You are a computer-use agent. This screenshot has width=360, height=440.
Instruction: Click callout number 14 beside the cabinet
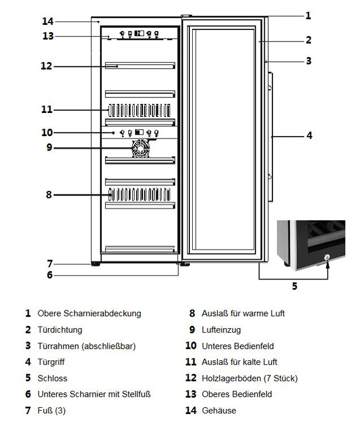coord(48,22)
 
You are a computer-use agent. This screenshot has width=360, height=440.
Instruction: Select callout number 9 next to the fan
coord(49,147)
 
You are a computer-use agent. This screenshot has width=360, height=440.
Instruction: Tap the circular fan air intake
coord(140,148)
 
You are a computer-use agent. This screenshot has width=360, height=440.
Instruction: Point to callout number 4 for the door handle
coord(309,135)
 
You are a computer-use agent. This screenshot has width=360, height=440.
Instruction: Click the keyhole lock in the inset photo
coord(327,257)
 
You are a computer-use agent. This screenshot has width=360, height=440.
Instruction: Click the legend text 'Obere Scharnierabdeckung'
coord(89,313)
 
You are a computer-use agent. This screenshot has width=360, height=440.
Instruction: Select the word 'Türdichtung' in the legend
coord(60,330)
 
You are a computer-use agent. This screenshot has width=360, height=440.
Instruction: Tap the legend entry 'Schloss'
coord(52,379)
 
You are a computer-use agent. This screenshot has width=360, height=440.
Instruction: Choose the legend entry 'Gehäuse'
coord(219,411)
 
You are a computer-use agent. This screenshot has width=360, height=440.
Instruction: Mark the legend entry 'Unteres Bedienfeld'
coord(237,346)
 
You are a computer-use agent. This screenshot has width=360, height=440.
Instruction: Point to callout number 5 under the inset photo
coord(294,286)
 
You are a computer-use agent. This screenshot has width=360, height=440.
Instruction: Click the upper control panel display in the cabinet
coord(140,33)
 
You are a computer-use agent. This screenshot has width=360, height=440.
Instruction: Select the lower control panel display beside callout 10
coord(138,133)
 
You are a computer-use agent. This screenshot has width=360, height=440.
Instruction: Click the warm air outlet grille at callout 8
coord(138,194)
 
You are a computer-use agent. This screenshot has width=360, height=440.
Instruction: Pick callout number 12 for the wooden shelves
coord(46,66)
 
